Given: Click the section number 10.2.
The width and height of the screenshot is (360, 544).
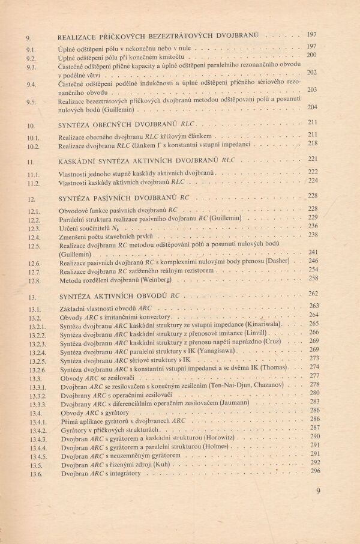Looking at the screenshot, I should (x=33, y=147).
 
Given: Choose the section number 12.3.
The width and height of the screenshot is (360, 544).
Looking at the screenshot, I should (x=34, y=229).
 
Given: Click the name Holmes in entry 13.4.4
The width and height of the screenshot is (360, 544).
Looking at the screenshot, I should (x=225, y=447).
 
